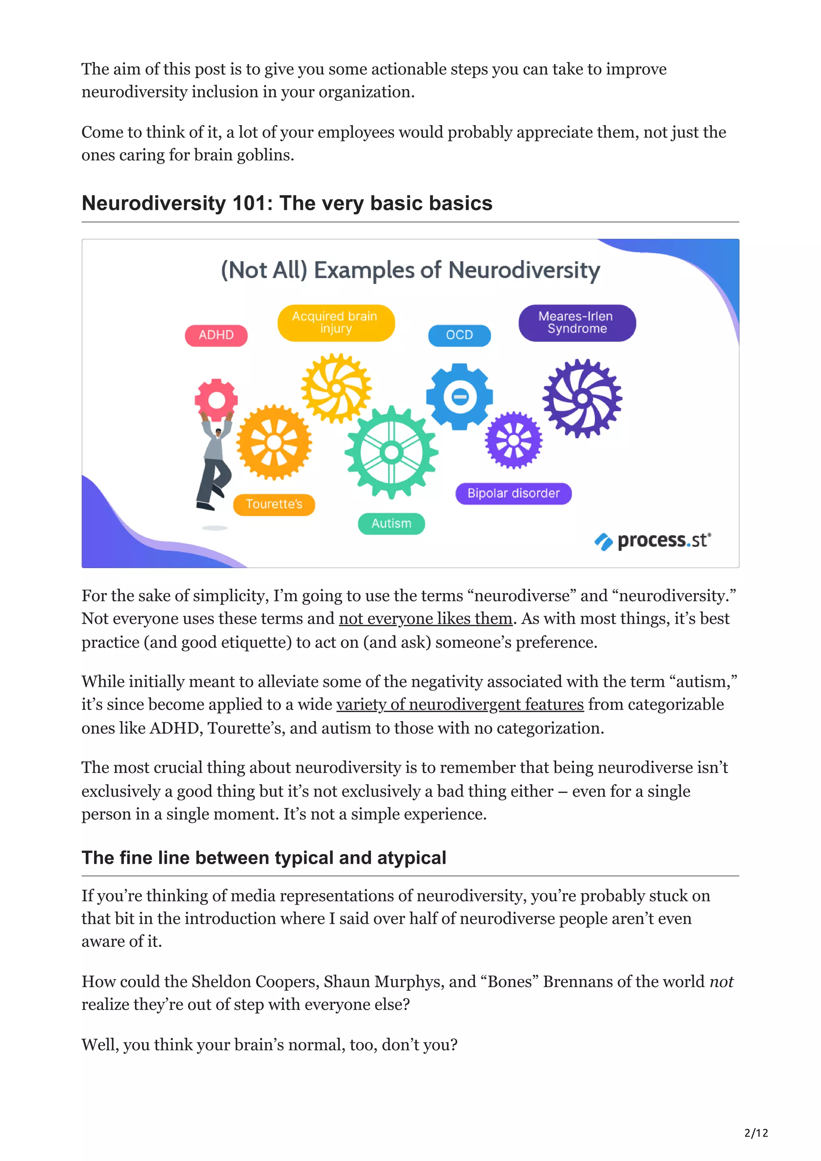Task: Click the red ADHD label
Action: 216,335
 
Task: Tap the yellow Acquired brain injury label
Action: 336,322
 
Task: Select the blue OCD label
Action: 459,335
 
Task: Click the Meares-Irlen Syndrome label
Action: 577,322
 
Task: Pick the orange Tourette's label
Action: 274,504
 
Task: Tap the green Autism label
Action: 391,523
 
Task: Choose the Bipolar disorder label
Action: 513,494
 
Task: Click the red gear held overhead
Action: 216,399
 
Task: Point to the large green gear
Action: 391,451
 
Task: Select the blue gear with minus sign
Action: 459,397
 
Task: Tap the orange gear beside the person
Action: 274,442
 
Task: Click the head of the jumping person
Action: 218,432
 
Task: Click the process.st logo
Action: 653,541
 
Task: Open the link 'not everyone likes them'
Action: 425,619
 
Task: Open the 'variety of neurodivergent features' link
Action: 460,704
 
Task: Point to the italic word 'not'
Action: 721,982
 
